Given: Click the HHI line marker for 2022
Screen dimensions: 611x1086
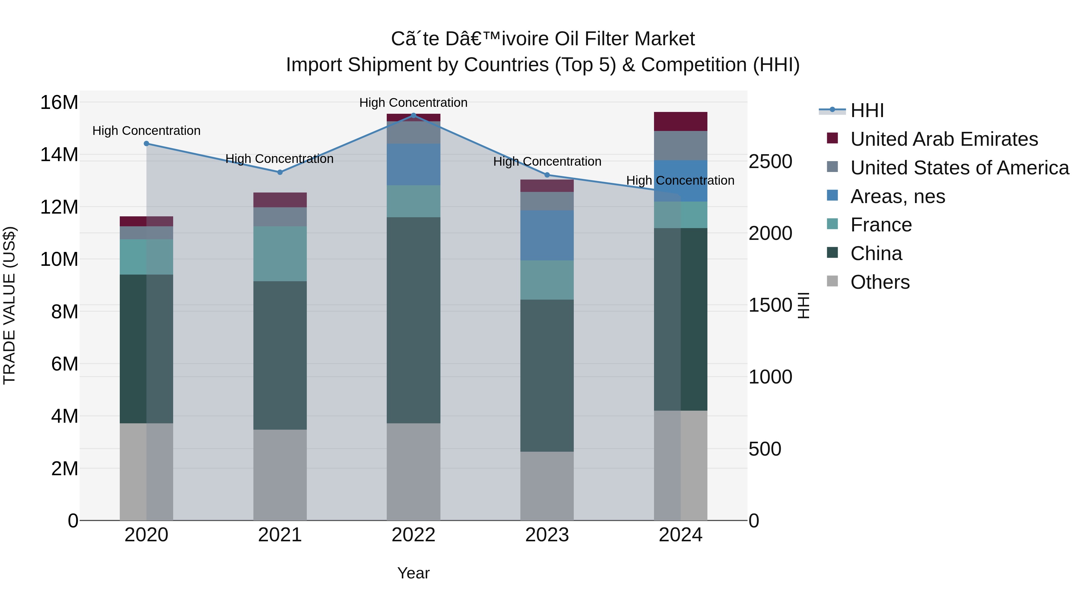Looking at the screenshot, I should (413, 115).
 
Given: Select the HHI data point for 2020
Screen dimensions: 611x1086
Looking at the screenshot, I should (146, 143).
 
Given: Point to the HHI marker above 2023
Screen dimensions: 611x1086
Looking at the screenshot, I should (547, 175).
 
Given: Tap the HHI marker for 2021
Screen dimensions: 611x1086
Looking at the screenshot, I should (280, 172).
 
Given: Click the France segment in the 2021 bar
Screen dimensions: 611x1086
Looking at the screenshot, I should (280, 253).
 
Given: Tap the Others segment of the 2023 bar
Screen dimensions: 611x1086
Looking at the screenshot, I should (547, 485).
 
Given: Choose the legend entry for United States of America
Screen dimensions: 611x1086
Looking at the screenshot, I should (959, 167).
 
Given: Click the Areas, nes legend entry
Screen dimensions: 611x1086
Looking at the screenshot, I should (897, 196).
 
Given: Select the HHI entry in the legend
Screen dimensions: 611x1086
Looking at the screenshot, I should (866, 110).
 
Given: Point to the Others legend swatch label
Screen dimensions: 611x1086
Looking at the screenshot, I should (880, 282).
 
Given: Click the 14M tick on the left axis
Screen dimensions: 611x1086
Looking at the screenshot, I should (59, 155).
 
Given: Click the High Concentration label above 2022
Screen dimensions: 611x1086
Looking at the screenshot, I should (413, 103).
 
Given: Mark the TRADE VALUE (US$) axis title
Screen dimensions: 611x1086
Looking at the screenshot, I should (9, 305).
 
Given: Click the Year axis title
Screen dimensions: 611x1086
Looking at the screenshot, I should (413, 573).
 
